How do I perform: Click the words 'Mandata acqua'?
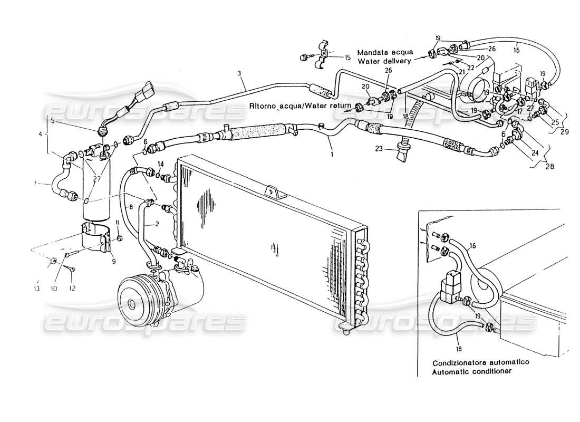382,52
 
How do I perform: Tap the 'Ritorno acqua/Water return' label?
301,105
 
